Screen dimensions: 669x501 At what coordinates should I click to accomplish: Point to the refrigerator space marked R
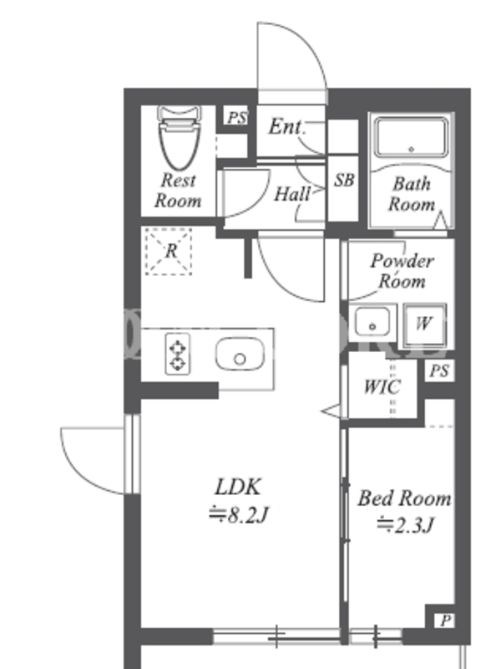170,250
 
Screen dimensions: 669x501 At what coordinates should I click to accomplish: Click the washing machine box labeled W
424,324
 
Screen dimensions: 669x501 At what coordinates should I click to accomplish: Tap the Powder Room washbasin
372,320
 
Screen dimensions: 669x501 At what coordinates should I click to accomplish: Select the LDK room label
239,487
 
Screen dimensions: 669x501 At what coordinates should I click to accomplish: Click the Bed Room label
404,499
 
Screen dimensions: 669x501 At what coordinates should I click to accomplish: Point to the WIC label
382,386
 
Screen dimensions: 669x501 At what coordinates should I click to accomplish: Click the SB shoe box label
343,180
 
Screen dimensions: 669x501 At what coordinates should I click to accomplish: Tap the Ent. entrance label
286,127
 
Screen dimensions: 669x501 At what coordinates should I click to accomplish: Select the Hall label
292,194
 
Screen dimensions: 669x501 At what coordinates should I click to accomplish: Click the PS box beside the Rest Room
236,118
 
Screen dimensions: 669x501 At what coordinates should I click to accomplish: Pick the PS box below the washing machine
440,371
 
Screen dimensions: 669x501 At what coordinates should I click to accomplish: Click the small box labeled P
445,620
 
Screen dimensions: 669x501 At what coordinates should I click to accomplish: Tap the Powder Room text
402,270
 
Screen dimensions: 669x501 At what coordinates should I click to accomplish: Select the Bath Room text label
412,193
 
